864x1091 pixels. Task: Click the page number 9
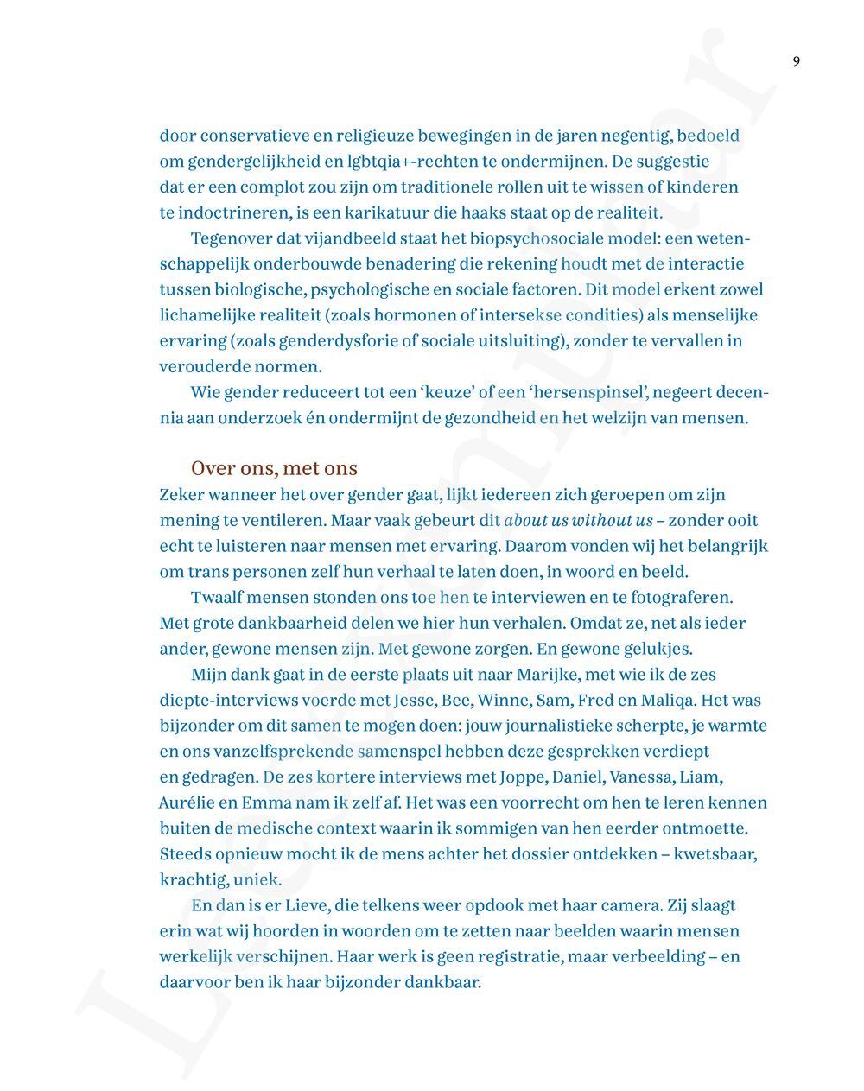pyautogui.click(x=796, y=60)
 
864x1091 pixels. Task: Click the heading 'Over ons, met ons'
pyautogui.click(x=274, y=468)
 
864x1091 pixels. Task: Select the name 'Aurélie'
pyautogui.click(x=186, y=802)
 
